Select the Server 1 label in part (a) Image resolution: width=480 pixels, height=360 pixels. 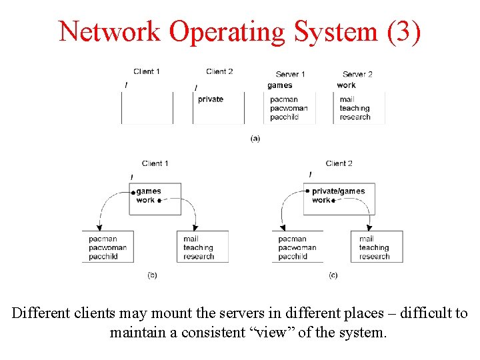point(290,74)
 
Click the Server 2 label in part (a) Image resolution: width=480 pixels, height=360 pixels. point(357,74)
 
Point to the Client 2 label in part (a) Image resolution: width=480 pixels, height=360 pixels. point(219,71)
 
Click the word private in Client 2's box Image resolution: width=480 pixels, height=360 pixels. point(211,99)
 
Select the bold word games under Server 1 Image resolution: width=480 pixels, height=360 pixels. point(280,85)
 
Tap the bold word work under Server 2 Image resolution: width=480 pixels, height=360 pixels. point(346,85)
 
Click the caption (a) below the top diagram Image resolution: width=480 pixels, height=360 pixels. point(255,138)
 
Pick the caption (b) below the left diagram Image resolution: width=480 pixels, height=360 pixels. point(152,275)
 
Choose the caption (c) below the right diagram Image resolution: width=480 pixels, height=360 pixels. point(333,275)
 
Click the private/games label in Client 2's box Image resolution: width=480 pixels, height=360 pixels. point(339,191)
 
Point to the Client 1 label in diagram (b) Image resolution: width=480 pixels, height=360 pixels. point(155,163)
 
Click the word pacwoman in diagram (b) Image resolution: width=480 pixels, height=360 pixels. point(107,247)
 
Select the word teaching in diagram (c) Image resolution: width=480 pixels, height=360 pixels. point(374,247)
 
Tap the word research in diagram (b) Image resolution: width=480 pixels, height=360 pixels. point(199,256)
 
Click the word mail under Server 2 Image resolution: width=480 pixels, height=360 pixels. point(347,99)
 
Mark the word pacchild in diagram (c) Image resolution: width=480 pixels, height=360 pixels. point(293,256)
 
